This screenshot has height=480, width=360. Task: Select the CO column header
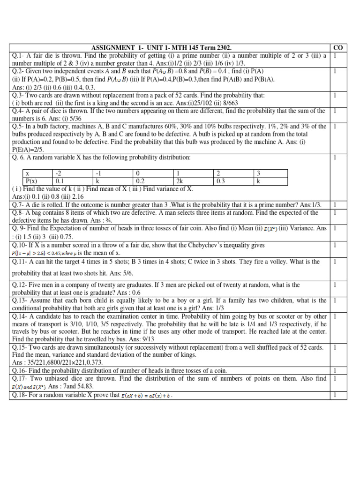(x=337, y=48)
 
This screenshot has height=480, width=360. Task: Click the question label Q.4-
(x=19, y=111)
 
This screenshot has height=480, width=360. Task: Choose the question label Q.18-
(x=20, y=395)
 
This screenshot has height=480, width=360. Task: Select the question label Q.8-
(x=19, y=212)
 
